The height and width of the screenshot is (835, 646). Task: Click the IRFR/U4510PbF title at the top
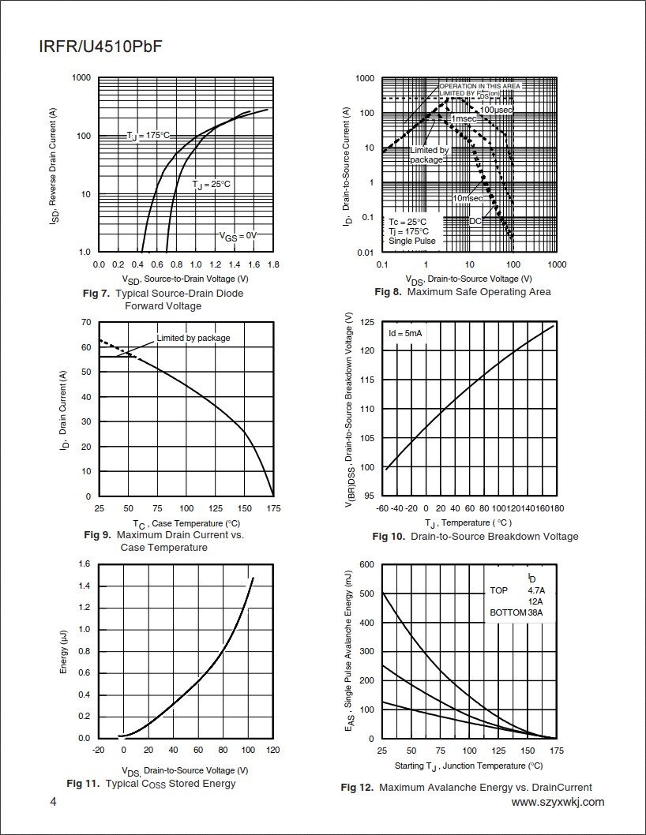coord(100,47)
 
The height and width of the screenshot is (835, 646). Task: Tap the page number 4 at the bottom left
coord(53,803)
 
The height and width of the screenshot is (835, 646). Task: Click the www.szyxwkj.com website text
coord(558,802)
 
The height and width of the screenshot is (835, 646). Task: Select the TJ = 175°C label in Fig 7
coord(148,136)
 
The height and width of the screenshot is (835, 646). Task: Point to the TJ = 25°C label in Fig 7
coord(212,185)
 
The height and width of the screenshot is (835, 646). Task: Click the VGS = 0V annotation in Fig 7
coord(238,235)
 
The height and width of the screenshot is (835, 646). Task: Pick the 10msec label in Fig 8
coord(468,197)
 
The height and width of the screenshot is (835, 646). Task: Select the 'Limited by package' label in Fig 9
coord(193,338)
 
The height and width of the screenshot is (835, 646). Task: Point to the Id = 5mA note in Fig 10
coord(405,334)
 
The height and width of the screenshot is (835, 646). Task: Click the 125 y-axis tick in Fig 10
coord(366,322)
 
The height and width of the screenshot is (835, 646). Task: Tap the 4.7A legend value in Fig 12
coord(536,590)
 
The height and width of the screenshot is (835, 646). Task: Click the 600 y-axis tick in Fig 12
coord(366,564)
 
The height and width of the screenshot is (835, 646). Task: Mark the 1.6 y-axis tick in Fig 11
coord(84,564)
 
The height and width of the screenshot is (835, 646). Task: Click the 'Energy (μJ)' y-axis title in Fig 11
coord(64,651)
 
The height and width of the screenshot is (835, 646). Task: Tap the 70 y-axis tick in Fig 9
coord(86,322)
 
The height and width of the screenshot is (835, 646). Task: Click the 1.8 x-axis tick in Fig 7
coord(273,264)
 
